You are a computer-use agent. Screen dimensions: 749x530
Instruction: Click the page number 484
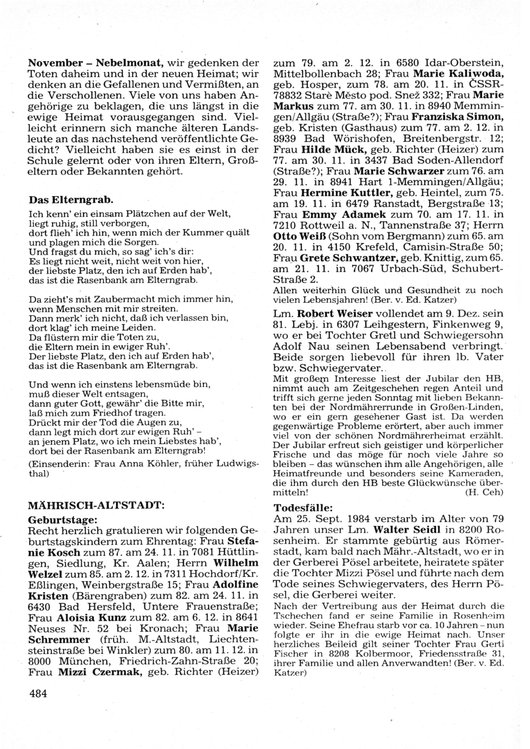click(x=38, y=693)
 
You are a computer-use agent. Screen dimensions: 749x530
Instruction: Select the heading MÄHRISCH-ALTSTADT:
click(x=96, y=506)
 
